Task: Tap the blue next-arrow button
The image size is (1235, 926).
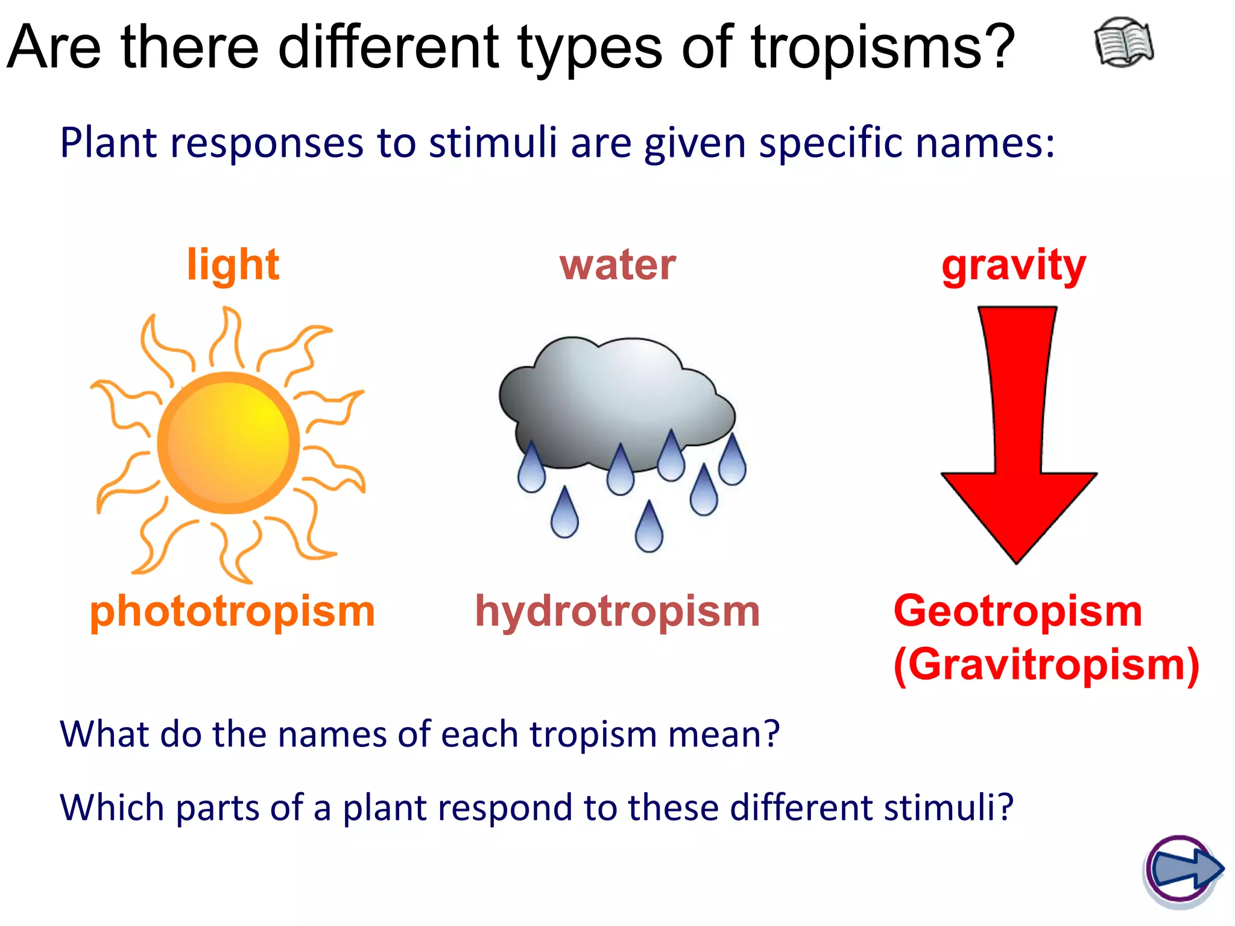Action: pyautogui.click(x=1183, y=869)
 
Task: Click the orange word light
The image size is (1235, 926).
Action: pyautogui.click(x=233, y=265)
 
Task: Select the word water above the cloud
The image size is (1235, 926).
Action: pyautogui.click(x=617, y=265)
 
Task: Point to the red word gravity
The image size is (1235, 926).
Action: pyautogui.click(x=1014, y=266)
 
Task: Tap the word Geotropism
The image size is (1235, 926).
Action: pyautogui.click(x=1018, y=611)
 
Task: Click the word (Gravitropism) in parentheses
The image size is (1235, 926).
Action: pyautogui.click(x=1046, y=665)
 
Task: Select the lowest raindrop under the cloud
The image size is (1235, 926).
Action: pyautogui.click(x=649, y=529)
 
